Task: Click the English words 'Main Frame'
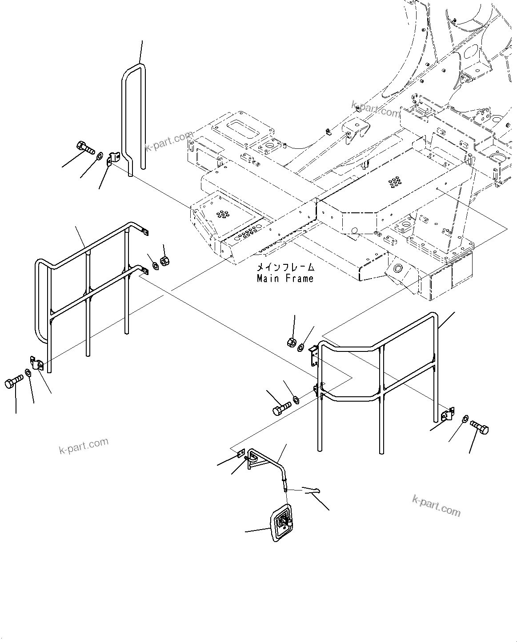click(x=285, y=279)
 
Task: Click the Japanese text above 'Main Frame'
click(x=285, y=268)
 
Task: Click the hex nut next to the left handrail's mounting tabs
click(x=164, y=260)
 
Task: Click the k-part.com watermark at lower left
click(x=84, y=446)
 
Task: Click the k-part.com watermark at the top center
click(x=375, y=109)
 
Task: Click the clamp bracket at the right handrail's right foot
click(x=447, y=415)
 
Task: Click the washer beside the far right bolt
click(x=465, y=419)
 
